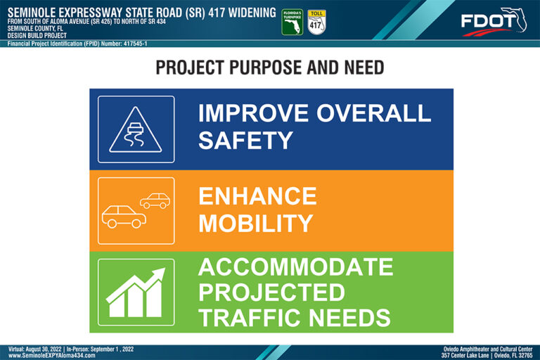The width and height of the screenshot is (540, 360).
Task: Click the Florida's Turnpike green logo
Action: tap(292, 22)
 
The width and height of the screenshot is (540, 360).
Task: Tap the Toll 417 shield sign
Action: tap(316, 22)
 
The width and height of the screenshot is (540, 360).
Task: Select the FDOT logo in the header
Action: tap(494, 22)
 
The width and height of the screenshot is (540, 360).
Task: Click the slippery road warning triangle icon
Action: tap(135, 129)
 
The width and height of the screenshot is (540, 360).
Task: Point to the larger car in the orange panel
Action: tap(124, 217)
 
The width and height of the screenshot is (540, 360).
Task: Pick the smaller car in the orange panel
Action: tap(155, 200)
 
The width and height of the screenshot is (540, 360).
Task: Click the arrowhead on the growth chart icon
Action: tap(157, 274)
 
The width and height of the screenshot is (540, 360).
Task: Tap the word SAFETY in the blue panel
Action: tap(245, 141)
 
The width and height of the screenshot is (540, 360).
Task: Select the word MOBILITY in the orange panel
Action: tap(255, 223)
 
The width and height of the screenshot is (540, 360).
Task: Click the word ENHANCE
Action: tap(257, 196)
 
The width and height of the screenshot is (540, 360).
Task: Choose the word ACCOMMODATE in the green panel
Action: tap(295, 267)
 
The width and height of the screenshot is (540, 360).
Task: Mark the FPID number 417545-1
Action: tap(135, 44)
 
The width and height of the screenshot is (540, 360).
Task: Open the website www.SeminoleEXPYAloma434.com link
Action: tap(51, 355)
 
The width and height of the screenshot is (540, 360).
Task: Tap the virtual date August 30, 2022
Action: tap(44, 349)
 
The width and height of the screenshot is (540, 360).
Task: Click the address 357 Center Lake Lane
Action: tap(465, 355)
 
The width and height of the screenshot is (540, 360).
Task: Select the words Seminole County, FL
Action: tap(35, 29)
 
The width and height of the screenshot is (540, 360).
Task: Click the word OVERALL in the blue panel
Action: tap(373, 113)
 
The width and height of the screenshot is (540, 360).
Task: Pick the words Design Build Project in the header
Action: tap(37, 35)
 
